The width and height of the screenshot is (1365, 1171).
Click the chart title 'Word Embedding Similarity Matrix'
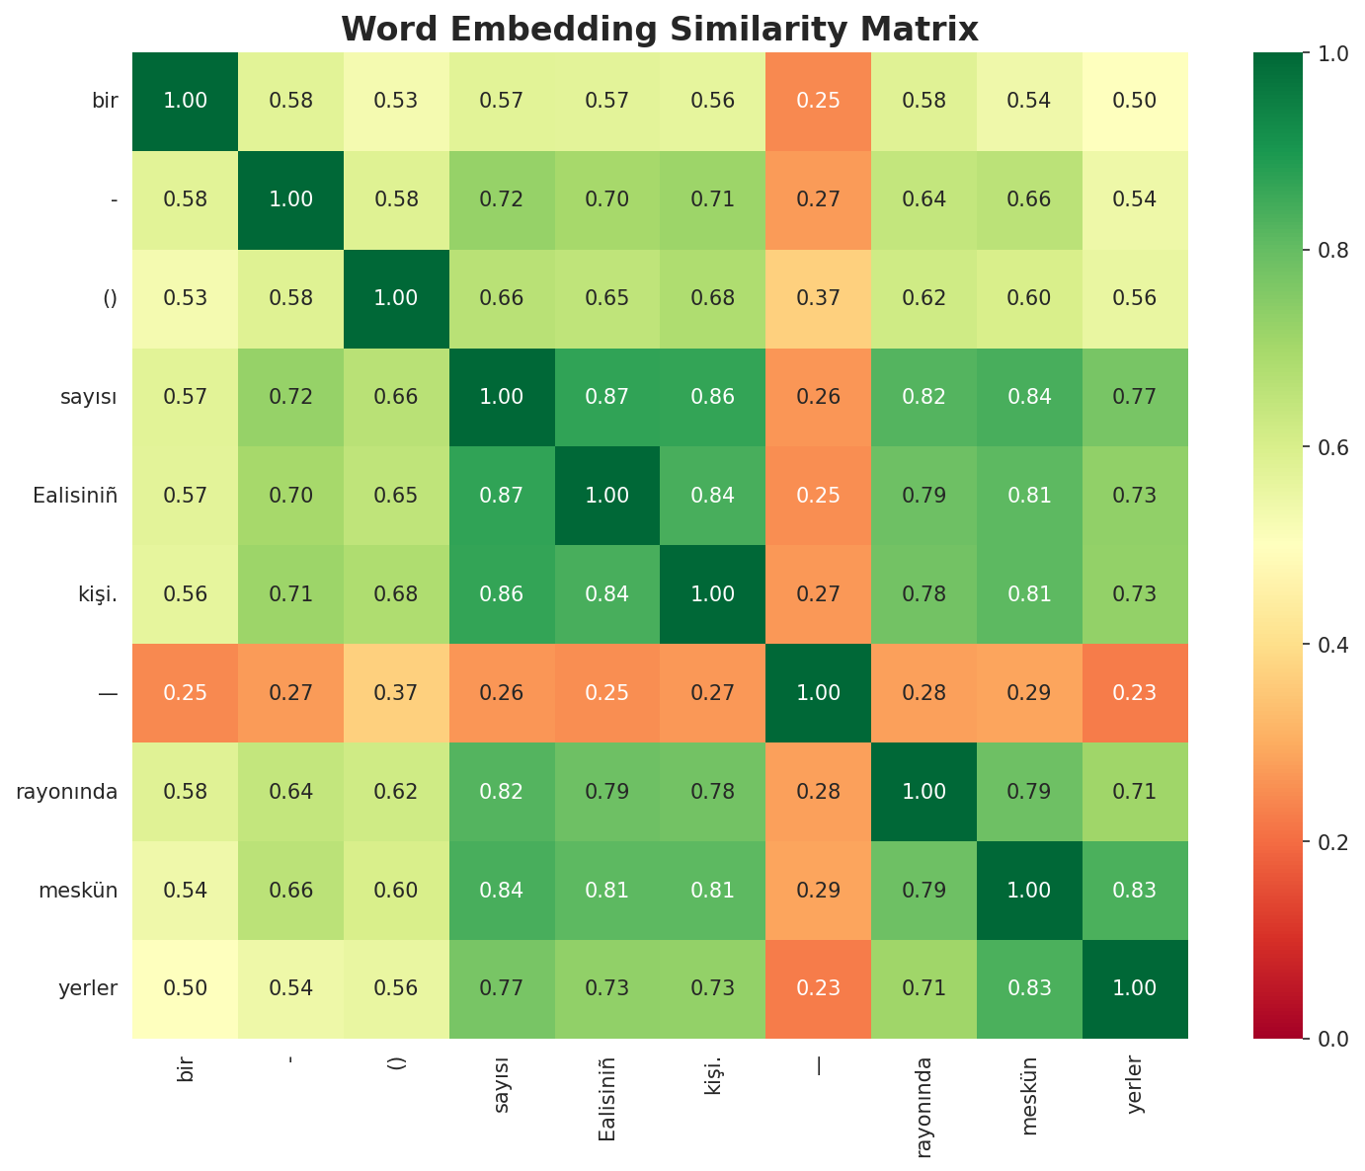point(660,30)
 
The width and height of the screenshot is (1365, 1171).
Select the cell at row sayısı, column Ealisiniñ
point(606,397)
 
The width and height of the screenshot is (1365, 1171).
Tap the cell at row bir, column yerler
point(1135,101)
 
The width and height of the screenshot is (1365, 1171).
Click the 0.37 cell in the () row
point(818,298)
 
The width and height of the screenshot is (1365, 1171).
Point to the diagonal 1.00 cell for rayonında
point(923,792)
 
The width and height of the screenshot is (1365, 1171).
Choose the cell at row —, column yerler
point(1135,693)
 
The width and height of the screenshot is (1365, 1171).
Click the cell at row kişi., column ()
point(395,594)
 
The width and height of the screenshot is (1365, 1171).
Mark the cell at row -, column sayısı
point(501,199)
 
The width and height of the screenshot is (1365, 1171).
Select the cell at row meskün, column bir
point(185,891)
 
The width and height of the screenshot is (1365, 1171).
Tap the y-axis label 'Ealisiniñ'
point(76,496)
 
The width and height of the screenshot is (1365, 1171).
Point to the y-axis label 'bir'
point(105,101)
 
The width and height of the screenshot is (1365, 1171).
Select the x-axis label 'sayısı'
point(501,1084)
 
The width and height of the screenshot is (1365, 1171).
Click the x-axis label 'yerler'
point(1135,1085)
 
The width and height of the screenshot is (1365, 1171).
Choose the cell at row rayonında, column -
point(289,792)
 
